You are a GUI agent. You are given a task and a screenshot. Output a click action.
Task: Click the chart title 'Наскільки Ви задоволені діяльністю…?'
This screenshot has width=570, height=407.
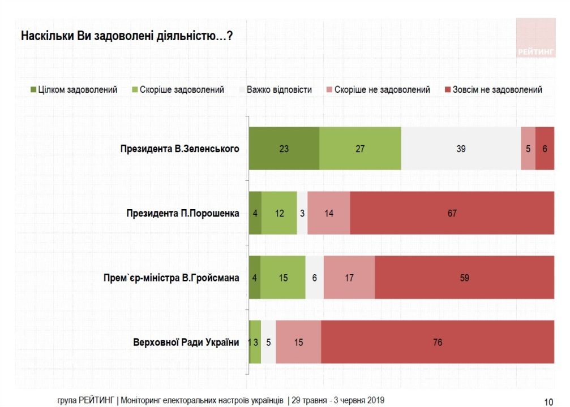click(x=127, y=36)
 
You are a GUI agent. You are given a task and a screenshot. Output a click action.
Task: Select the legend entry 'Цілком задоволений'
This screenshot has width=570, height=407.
click(x=74, y=90)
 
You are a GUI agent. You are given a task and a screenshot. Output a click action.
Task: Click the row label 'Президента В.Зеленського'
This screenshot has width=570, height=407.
click(x=179, y=149)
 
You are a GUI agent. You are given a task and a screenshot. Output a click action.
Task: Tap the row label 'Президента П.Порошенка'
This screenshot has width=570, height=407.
click(x=182, y=214)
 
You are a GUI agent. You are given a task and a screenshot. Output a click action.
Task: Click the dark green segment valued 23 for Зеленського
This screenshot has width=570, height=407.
click(x=284, y=149)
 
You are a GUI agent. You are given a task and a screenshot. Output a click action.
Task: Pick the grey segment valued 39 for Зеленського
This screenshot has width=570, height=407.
click(x=461, y=149)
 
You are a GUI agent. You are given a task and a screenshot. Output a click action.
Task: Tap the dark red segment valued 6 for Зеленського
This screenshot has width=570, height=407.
click(x=545, y=149)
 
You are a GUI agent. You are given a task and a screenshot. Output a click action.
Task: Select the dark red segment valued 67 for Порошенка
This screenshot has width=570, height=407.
click(x=452, y=213)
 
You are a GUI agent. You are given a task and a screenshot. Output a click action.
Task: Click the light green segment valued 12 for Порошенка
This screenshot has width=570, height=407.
click(x=279, y=213)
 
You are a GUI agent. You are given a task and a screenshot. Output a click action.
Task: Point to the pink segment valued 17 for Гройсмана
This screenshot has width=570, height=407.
click(x=349, y=278)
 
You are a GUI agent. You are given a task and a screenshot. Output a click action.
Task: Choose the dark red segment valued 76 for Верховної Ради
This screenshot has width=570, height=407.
click(x=438, y=342)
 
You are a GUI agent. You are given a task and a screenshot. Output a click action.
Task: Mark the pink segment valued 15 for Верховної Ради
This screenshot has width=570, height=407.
click(x=298, y=342)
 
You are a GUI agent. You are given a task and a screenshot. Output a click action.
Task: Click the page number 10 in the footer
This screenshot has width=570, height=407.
click(x=548, y=401)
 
